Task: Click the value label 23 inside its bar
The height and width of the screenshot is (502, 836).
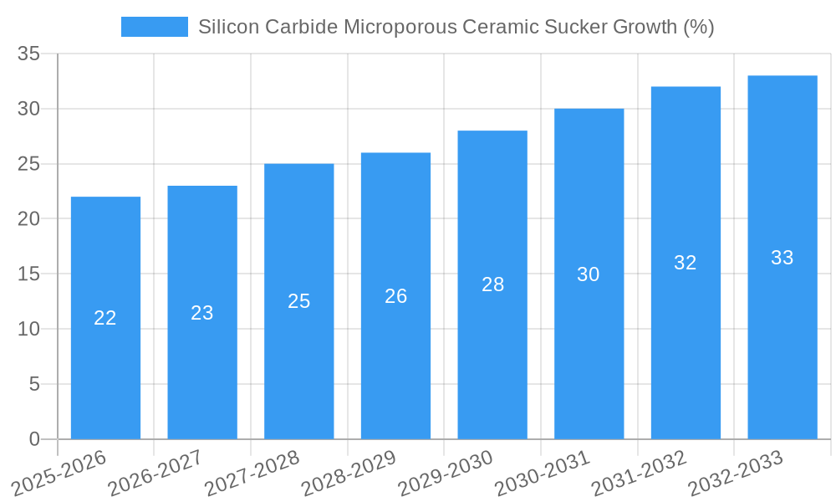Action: [202, 313]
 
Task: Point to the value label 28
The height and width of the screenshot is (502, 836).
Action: [493, 284]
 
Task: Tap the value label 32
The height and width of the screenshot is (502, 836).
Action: [686, 263]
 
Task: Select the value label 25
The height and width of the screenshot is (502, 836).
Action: [299, 301]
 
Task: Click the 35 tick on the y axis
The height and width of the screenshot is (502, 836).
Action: [28, 54]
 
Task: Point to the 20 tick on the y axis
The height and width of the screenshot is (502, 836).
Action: [28, 219]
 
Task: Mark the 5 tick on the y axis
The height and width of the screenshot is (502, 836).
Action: [34, 384]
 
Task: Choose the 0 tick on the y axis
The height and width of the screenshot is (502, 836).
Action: [34, 439]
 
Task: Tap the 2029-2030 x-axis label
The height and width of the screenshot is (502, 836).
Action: [445, 473]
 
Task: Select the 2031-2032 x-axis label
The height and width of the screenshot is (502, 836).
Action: [639, 473]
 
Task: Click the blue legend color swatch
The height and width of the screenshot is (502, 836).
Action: [154, 27]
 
